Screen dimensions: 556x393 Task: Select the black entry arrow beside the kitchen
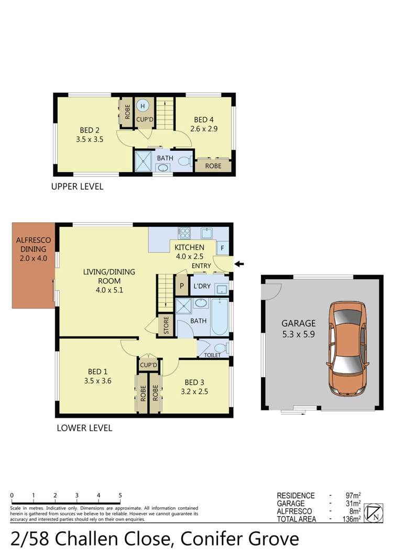tap(239, 264)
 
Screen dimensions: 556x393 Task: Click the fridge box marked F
tap(222, 248)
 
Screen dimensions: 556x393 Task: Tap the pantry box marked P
tap(182, 286)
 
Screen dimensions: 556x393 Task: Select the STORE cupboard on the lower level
tap(166, 326)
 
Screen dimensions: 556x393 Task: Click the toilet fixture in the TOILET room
tap(220, 347)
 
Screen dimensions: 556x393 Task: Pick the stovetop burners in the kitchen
tap(184, 233)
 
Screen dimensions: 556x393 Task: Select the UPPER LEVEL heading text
tap(77, 187)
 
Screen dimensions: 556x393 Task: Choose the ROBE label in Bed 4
tap(213, 166)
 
